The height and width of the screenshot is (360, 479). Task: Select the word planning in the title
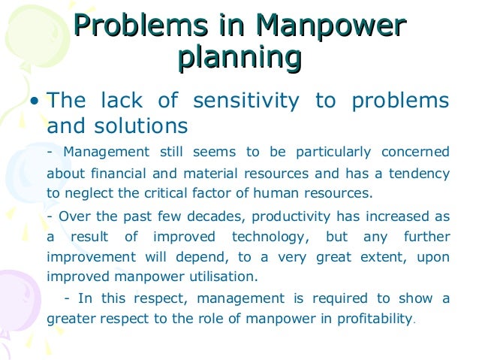pos(239,59)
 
